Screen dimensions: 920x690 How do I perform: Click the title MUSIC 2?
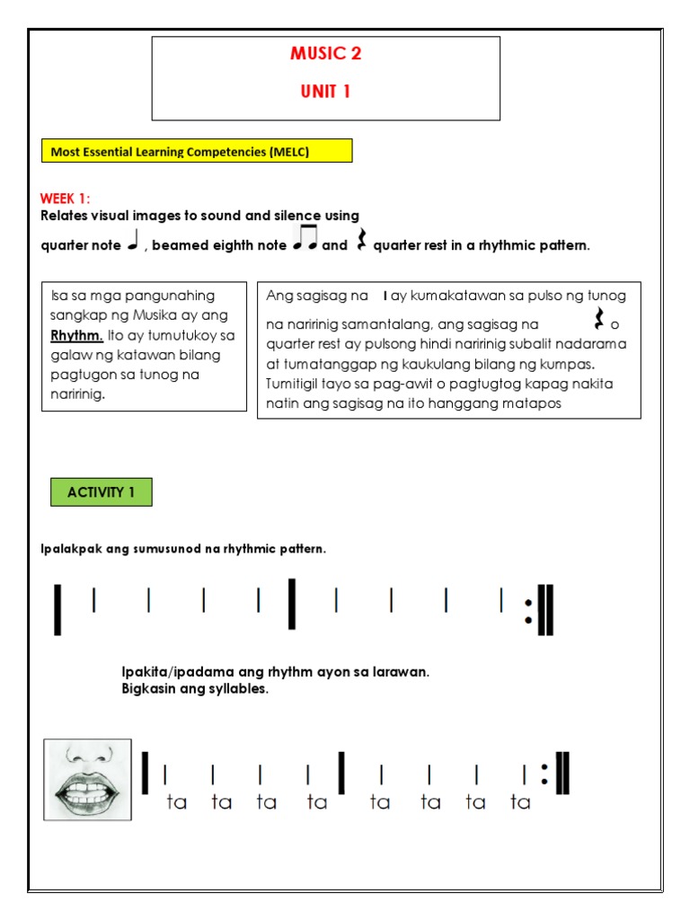coord(325,54)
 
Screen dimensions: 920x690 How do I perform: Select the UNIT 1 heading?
coord(325,92)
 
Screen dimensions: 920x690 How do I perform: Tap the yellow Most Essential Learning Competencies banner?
coord(197,152)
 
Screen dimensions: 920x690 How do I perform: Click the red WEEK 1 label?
coord(66,199)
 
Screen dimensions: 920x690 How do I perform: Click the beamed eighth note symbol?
coord(305,240)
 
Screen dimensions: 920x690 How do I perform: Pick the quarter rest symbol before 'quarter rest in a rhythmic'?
coord(362,241)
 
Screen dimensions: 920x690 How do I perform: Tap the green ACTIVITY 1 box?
coord(101,491)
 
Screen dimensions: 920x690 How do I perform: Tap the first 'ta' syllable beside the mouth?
coord(177,803)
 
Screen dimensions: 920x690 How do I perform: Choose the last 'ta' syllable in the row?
coord(521,803)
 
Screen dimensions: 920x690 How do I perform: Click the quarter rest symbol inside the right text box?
coord(599,319)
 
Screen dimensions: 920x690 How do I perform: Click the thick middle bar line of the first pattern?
coord(292,604)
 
